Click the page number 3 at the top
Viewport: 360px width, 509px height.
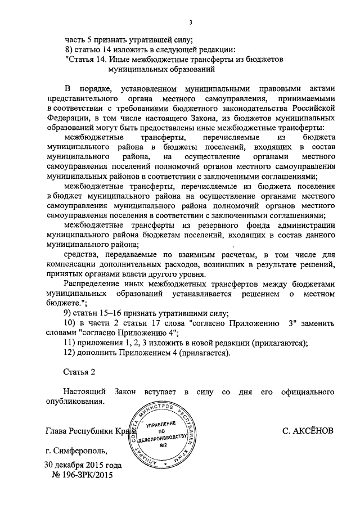(191, 22)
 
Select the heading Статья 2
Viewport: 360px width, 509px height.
(76, 372)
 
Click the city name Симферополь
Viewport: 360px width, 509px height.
(79, 451)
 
